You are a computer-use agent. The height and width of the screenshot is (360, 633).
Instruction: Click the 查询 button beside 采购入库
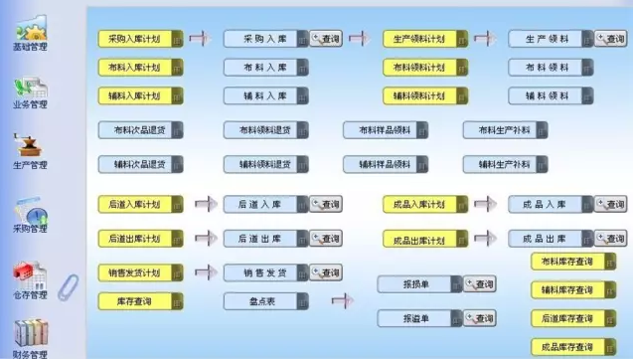(326, 39)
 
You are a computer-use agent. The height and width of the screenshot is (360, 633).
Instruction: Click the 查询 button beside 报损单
(480, 284)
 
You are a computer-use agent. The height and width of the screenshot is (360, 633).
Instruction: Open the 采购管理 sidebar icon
(30, 214)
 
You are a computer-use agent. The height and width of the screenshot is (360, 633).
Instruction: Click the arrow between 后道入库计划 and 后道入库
(204, 204)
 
